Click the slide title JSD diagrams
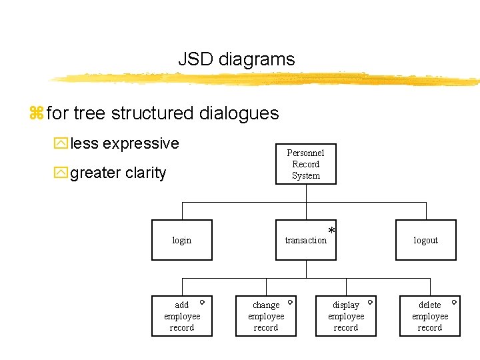[x=236, y=59]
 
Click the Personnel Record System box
[x=306, y=164]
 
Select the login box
[x=182, y=240]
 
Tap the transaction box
[x=306, y=240]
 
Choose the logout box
[x=425, y=240]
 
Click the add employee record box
[x=182, y=316]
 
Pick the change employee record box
[x=266, y=316]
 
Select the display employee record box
[x=346, y=316]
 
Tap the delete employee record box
[x=429, y=316]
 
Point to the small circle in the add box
[x=202, y=302]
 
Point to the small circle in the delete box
[x=454, y=302]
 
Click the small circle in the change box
[x=290, y=302]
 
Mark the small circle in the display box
[x=370, y=302]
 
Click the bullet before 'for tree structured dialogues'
[x=36, y=114]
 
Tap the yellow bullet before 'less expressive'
[x=61, y=144]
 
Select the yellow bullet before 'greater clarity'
[x=61, y=173]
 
